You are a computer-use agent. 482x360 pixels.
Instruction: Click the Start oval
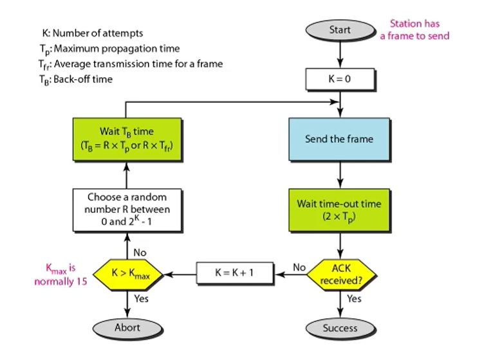pyautogui.click(x=339, y=30)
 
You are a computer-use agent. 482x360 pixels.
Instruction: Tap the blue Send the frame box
pyautogui.click(x=339, y=139)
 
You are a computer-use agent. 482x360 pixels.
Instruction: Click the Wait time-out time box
pyautogui.click(x=339, y=210)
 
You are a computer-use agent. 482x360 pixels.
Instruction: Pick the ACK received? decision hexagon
pyautogui.click(x=339, y=273)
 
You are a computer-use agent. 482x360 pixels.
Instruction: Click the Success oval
pyautogui.click(x=339, y=328)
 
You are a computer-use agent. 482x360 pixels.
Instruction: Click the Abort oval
pyautogui.click(x=127, y=328)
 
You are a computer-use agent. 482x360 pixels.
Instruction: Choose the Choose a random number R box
pyautogui.click(x=127, y=210)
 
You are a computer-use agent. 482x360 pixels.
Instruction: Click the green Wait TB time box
pyautogui.click(x=127, y=139)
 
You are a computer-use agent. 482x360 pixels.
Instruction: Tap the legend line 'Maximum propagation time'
pyautogui.click(x=109, y=49)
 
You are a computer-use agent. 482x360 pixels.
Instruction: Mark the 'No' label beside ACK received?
pyautogui.click(x=299, y=266)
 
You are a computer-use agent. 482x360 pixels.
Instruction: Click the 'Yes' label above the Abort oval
pyautogui.click(x=138, y=299)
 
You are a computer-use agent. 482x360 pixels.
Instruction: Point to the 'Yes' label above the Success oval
pyautogui.click(x=354, y=299)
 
